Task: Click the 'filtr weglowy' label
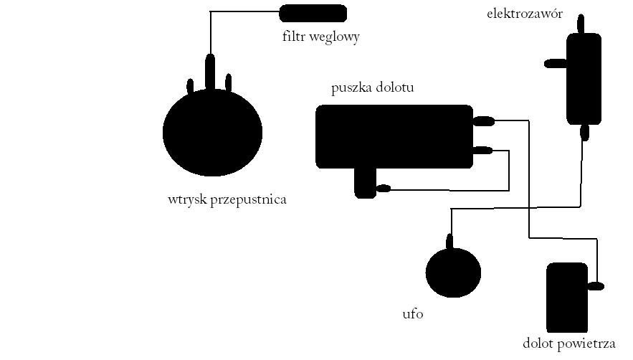[x=321, y=37]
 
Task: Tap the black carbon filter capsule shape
[x=313, y=14]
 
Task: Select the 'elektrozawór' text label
[x=525, y=14]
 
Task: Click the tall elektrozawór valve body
[x=584, y=79]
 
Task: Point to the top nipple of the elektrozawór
[x=581, y=24]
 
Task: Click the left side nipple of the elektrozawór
[x=556, y=63]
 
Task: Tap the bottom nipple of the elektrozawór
[x=584, y=132]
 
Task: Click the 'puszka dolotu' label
[x=372, y=87]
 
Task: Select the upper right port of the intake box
[x=483, y=120]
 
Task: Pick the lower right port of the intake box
[x=482, y=151]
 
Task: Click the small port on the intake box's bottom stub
[x=383, y=188]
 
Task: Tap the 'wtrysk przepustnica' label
[x=227, y=199]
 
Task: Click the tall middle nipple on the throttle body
[x=210, y=72]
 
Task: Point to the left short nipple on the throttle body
[x=190, y=87]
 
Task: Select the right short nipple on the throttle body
[x=228, y=82]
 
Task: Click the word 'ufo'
[x=413, y=314]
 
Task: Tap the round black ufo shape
[x=453, y=273]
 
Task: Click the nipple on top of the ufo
[x=449, y=242]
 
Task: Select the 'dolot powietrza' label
[x=568, y=344]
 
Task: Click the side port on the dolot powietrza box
[x=596, y=286]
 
